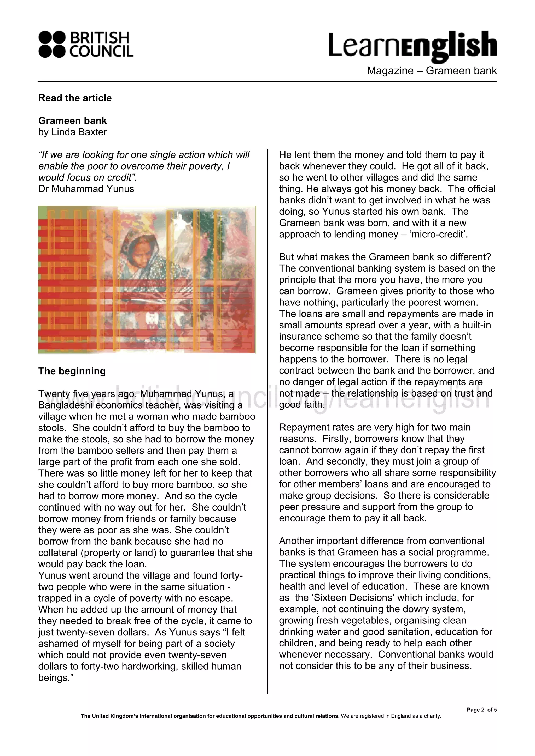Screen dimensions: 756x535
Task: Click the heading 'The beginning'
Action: pyautogui.click(x=72, y=371)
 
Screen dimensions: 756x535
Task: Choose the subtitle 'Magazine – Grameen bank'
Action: pyautogui.click(x=432, y=70)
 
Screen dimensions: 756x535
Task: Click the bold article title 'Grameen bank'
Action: pyautogui.click(x=73, y=121)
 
